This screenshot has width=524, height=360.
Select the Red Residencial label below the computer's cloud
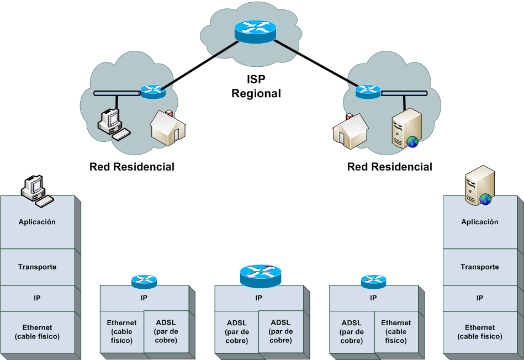pyautogui.click(x=132, y=167)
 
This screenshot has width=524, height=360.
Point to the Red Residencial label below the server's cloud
pyautogui.click(x=390, y=167)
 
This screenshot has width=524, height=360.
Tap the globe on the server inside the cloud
pyautogui.click(x=412, y=142)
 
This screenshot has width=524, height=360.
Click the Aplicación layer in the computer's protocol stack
pyautogui.click(x=38, y=222)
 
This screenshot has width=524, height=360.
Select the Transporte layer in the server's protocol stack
pyautogui.click(x=479, y=267)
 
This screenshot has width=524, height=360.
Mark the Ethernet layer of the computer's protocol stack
pyautogui.click(x=38, y=332)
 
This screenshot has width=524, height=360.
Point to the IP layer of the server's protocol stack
pyautogui.click(x=479, y=298)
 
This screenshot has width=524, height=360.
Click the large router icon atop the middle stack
pyautogui.click(x=261, y=275)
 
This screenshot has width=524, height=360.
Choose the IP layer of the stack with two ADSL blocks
pyautogui.click(x=258, y=298)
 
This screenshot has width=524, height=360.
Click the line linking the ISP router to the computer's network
pyautogui.click(x=199, y=63)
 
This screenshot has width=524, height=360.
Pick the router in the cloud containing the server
pyautogui.click(x=368, y=91)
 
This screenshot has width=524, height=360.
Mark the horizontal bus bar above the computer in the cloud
pyautogui.click(x=117, y=93)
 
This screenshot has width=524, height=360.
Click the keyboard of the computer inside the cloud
pyautogui.click(x=121, y=134)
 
